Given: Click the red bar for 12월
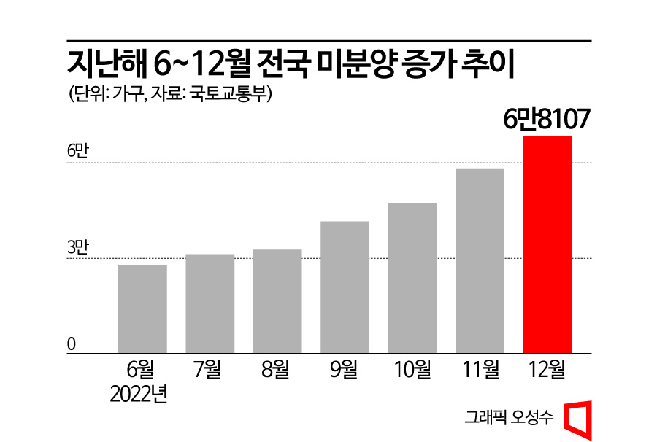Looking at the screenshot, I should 547,244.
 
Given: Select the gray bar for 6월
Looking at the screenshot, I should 142,309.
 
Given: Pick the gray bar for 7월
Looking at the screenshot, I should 210,303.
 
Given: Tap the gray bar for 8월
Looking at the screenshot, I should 277,301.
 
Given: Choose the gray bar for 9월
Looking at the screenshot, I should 345,287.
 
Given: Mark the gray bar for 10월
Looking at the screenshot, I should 412,278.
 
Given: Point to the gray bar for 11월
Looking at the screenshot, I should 480,261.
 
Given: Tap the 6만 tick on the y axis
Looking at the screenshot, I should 77,151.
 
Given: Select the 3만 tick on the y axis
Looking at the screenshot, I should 77,247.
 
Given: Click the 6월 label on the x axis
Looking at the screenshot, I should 142,370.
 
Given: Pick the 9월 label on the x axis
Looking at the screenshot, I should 345,370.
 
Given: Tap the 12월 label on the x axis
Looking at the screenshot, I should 547,370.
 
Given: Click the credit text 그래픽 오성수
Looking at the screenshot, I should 510,418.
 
